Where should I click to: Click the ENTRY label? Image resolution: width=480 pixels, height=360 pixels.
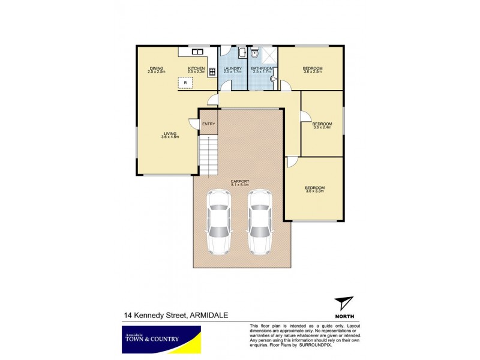[208, 124]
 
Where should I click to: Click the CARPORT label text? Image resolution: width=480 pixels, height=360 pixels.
[239, 182]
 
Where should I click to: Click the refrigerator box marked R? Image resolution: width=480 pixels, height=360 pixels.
[185, 83]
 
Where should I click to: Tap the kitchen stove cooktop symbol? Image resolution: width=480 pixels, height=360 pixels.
[212, 70]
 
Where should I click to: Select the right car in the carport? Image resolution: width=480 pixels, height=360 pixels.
[259, 221]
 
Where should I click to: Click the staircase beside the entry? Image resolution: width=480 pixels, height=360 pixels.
[208, 155]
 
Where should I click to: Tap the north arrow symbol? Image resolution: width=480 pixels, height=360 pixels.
[343, 304]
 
